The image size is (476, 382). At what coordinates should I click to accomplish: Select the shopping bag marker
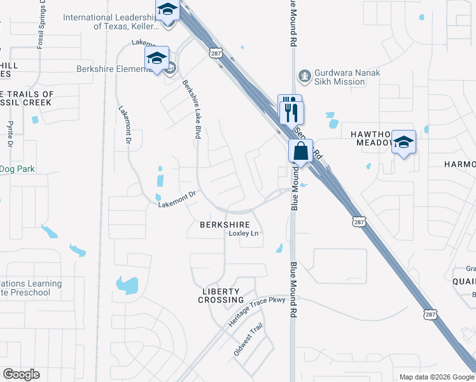tap(300, 152)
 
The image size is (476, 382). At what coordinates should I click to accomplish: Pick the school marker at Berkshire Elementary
tap(157, 59)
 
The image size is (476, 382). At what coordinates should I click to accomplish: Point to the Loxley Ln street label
tap(244, 234)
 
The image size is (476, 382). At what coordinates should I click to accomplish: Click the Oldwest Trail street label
tap(249, 341)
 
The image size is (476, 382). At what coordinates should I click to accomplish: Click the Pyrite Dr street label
tap(10, 135)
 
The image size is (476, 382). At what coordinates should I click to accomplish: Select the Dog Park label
tap(17, 169)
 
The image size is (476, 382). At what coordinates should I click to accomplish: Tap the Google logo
tap(21, 374)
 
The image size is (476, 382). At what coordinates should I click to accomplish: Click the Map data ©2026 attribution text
tap(436, 377)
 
